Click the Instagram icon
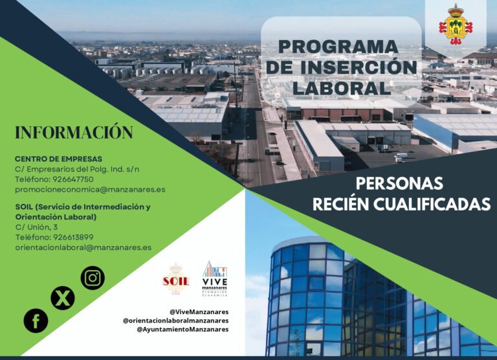[93, 278]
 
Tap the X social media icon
[63, 298]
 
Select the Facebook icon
[36, 321]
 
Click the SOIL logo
[175, 279]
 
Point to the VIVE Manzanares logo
[215, 278]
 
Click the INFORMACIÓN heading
[74, 133]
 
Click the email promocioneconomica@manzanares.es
[90, 190]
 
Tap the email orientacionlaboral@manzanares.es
[83, 247]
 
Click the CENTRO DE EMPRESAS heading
[58, 159]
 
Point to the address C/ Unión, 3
[36, 227]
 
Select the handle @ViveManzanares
[199, 311]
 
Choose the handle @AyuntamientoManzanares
[182, 330]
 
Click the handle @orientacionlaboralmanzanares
[175, 321]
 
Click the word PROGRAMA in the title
[338, 47]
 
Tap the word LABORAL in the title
[341, 87]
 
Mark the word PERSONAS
[399, 183]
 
